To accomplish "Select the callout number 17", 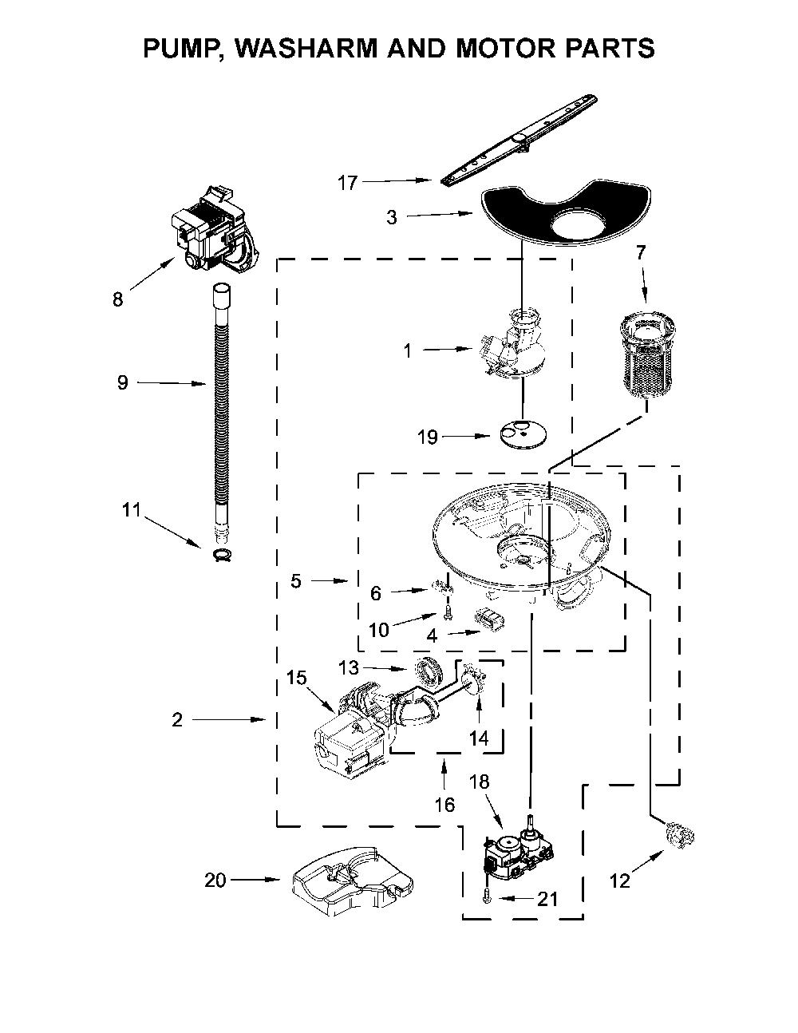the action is (x=347, y=183).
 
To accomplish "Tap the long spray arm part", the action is (x=519, y=140).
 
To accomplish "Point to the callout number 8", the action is (x=117, y=299).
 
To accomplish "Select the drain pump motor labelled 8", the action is (x=215, y=230).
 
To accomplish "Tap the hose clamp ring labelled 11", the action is (x=223, y=554).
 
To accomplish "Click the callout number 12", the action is (x=619, y=881).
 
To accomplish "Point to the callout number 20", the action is (x=215, y=881).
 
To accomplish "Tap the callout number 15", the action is (x=296, y=678).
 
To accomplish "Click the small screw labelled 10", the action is (x=447, y=615).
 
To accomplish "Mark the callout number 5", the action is (x=296, y=580).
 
